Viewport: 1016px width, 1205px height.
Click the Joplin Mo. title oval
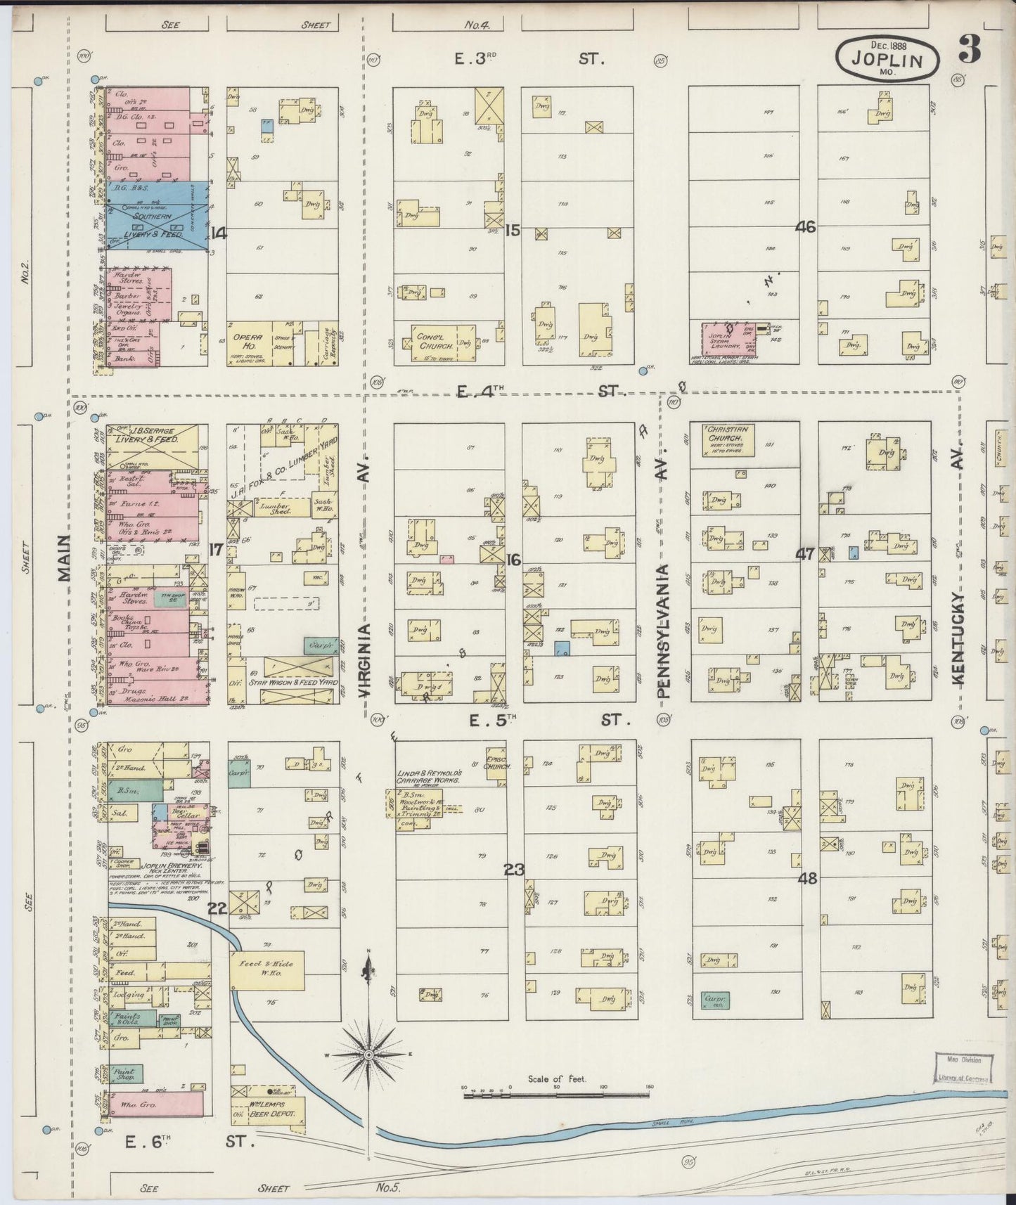[x=887, y=57]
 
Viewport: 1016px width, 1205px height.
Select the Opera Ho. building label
[x=247, y=342]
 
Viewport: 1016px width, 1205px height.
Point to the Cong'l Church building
[x=434, y=342]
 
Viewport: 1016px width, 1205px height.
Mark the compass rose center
[x=368, y=1055]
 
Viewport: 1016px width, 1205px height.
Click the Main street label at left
[x=65, y=557]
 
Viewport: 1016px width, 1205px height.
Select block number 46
[x=805, y=226]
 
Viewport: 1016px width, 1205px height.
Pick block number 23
[x=514, y=870]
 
